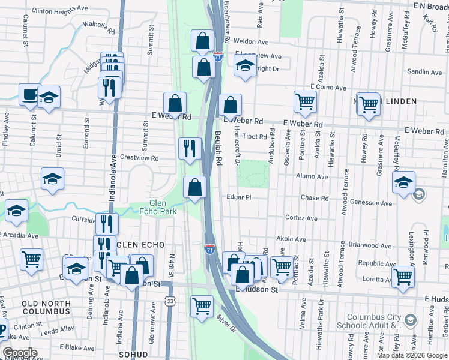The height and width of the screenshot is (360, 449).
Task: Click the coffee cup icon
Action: (x=29, y=95)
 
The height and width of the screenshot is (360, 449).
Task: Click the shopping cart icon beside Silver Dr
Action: (x=202, y=306)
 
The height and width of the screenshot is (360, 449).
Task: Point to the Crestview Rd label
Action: (x=139, y=158)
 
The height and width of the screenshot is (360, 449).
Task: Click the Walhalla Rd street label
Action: (x=99, y=28)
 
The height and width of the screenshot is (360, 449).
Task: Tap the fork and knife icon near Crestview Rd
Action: (x=190, y=148)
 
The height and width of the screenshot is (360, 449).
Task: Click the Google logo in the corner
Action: (x=19, y=353)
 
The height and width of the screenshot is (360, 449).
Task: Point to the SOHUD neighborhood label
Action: (x=133, y=355)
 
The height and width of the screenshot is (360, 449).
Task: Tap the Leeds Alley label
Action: (x=58, y=329)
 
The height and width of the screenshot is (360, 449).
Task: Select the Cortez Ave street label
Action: (x=301, y=218)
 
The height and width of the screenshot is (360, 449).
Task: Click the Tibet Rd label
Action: (x=255, y=137)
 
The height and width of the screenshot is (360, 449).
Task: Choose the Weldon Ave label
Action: (x=250, y=42)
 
